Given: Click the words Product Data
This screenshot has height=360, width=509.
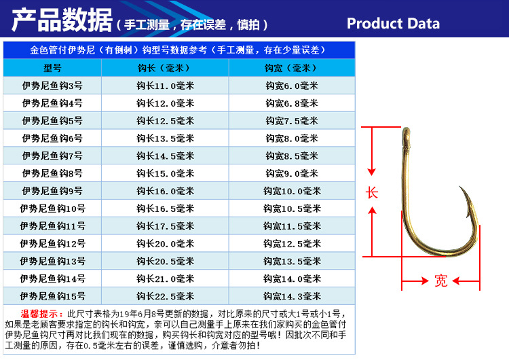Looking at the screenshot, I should (x=393, y=24).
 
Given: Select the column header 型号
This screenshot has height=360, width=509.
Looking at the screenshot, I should (x=52, y=68).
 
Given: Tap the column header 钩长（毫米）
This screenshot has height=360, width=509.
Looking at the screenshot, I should (x=165, y=68).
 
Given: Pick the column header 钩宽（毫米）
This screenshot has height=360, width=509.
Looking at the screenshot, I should (x=291, y=68).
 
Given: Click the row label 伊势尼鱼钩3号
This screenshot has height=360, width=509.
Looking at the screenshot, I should (x=52, y=86).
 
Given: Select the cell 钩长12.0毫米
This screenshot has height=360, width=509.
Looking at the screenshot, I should (x=165, y=103).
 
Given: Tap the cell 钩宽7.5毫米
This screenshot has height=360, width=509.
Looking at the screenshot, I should (x=291, y=121).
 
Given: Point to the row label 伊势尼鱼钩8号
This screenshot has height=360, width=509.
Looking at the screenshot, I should (x=52, y=173).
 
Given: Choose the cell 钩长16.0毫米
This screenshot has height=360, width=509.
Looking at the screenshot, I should (x=165, y=191).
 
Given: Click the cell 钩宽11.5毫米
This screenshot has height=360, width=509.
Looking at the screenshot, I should (x=291, y=226).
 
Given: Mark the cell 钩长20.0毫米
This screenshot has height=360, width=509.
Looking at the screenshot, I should (x=165, y=244).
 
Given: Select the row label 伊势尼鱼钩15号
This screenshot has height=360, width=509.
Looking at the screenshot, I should (x=52, y=296).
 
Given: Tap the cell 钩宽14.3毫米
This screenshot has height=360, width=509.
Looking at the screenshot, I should (x=291, y=296).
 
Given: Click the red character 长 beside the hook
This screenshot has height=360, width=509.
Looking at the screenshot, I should (x=372, y=192).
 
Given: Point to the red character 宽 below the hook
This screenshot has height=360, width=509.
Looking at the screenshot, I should (x=441, y=281).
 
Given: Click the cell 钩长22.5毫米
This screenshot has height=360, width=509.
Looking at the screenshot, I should (x=165, y=296).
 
